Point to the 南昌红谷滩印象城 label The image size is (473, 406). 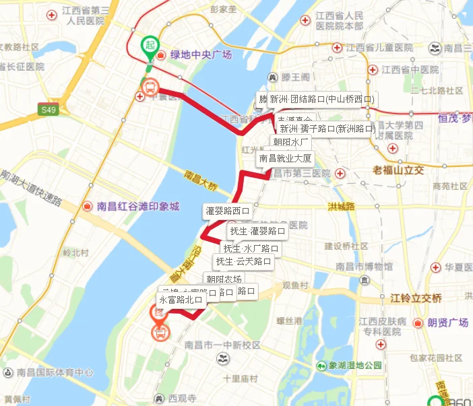coord(137,207)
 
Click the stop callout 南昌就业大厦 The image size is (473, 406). coord(285,160)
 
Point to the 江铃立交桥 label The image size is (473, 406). coord(416,298)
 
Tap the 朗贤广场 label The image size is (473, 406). coord(447,324)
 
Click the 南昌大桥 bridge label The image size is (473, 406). coord(201,179)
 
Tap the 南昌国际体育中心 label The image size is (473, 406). coord(55,372)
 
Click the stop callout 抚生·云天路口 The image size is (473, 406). coord(243,261)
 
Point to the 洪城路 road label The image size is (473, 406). coord(341,207)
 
